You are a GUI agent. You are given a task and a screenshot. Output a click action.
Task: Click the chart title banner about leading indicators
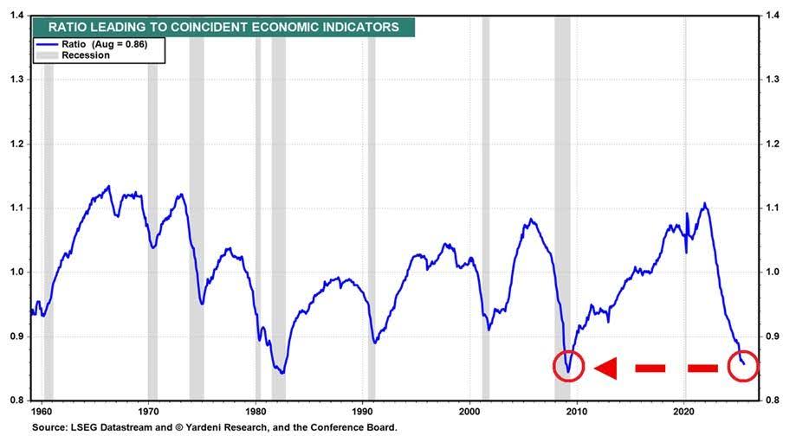[223, 27]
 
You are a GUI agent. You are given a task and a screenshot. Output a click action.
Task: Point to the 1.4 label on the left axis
[17, 15]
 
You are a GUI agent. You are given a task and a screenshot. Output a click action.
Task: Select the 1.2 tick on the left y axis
[17, 144]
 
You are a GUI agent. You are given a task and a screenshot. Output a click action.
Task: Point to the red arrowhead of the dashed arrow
[605, 368]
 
